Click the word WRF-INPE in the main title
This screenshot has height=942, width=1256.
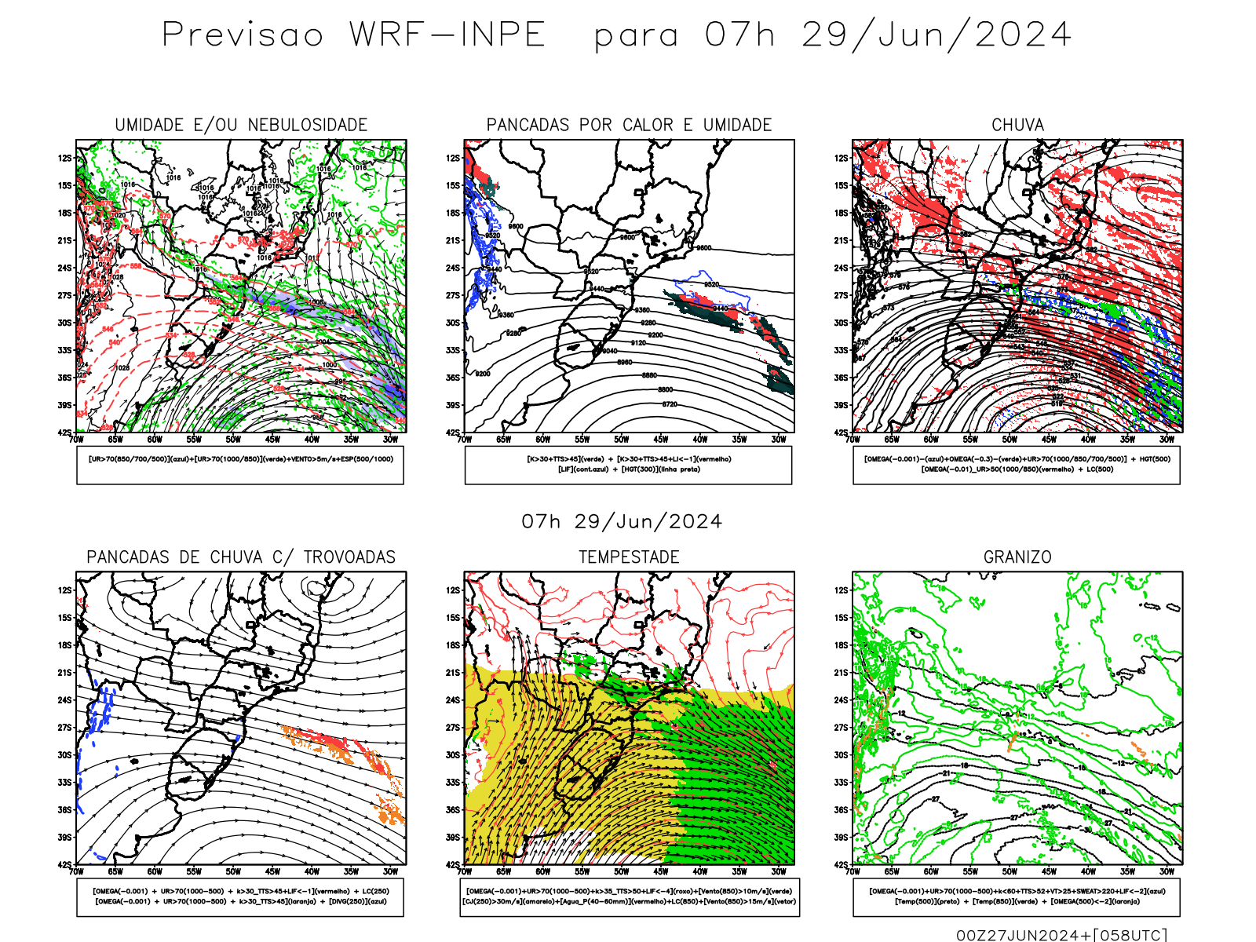pyautogui.click(x=447, y=35)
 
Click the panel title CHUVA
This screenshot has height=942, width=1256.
pyautogui.click(x=1017, y=125)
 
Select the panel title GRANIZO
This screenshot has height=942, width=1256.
pyautogui.click(x=1017, y=557)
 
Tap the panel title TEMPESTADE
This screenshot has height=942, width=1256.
pyautogui.click(x=629, y=557)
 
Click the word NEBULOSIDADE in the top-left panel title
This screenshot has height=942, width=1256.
pyautogui.click(x=308, y=125)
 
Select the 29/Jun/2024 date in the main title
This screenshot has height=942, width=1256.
pyautogui.click(x=936, y=35)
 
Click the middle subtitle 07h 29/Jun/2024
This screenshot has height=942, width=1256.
pyautogui.click(x=622, y=522)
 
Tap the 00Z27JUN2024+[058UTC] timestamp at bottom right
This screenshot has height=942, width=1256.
pyautogui.click(x=1062, y=935)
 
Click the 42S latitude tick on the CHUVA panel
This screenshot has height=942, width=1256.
pyautogui.click(x=842, y=433)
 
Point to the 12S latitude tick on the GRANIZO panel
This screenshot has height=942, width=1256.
pyautogui.click(x=842, y=590)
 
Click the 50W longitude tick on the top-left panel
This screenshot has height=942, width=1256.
pyautogui.click(x=233, y=440)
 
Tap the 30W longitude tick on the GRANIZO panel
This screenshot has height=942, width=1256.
pyautogui.click(x=1167, y=871)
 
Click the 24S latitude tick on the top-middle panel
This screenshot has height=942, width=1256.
pyautogui.click(x=453, y=268)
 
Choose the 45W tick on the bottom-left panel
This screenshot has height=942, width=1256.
pyautogui.click(x=272, y=871)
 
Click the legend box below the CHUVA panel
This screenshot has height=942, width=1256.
pyautogui.click(x=1017, y=465)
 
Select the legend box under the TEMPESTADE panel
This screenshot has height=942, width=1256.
pyautogui.click(x=629, y=896)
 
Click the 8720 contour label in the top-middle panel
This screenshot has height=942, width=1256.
pyautogui.click(x=669, y=404)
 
